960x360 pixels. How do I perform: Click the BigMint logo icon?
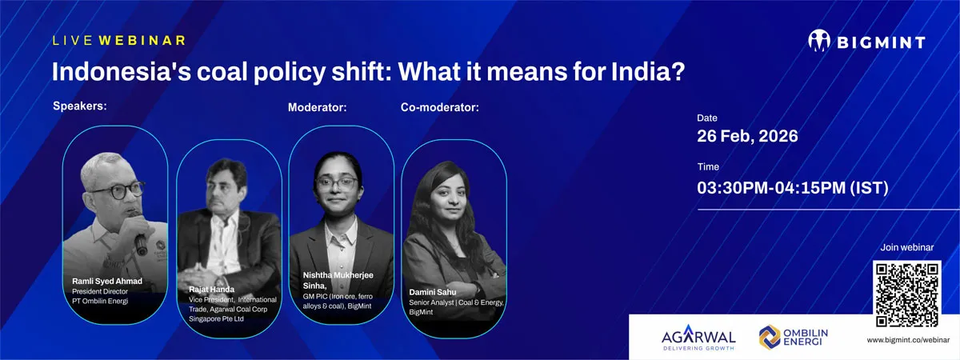(819, 41)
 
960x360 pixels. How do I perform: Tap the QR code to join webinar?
(907, 294)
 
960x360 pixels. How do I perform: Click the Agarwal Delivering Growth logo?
(698, 338)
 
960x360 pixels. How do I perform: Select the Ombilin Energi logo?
(794, 338)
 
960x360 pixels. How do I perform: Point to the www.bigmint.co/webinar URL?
(908, 340)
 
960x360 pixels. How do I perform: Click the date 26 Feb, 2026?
(747, 136)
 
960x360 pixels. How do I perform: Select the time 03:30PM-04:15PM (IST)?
(793, 188)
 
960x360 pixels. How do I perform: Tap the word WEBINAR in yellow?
(142, 40)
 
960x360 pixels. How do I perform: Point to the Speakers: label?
(80, 106)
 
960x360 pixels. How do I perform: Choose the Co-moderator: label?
(440, 107)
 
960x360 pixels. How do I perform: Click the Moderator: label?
(317, 107)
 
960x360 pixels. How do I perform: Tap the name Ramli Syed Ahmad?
(107, 281)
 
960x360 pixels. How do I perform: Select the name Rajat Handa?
(212, 290)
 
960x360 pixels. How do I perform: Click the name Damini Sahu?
(433, 292)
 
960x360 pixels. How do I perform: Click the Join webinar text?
(907, 247)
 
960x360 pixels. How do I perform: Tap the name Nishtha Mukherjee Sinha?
(338, 280)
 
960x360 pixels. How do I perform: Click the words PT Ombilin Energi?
(100, 301)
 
